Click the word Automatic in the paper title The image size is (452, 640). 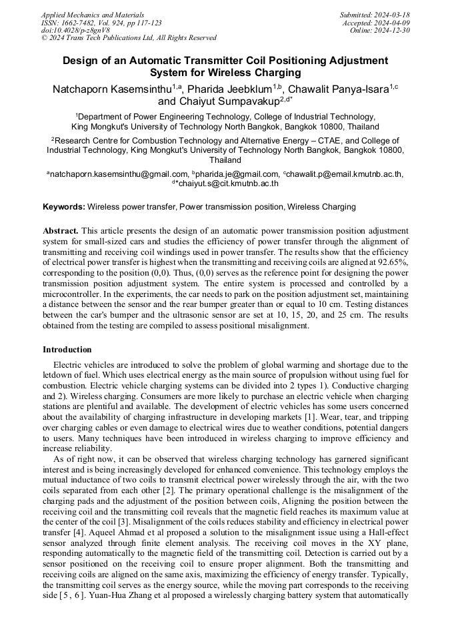click(153, 60)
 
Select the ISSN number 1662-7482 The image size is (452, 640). click(82, 23)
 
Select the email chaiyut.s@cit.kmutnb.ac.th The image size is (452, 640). click(228, 183)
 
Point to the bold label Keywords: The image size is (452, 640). click(64, 208)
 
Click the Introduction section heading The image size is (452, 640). click(67, 350)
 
